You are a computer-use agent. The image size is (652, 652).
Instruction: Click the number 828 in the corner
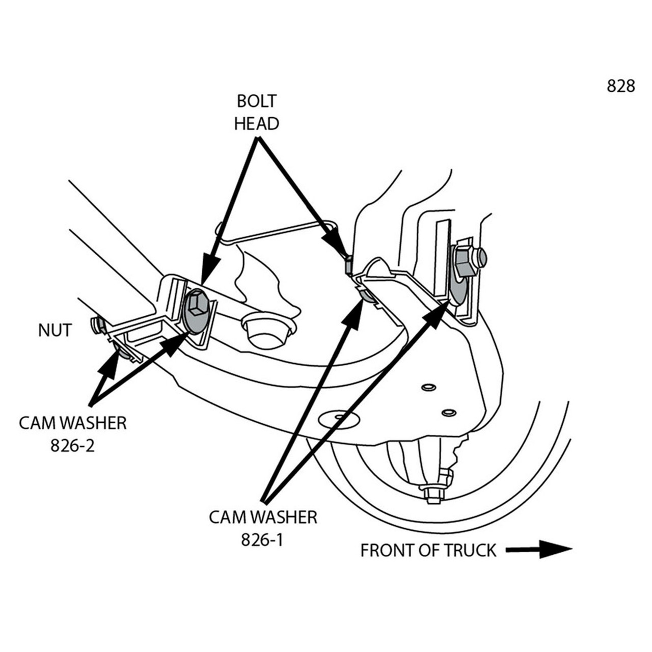click(x=621, y=86)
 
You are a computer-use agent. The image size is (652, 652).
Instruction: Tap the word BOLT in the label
click(x=257, y=101)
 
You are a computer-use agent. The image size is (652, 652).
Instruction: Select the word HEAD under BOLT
click(x=257, y=123)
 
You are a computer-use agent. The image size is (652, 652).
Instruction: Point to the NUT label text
click(x=55, y=330)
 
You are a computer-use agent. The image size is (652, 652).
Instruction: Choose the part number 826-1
click(x=262, y=540)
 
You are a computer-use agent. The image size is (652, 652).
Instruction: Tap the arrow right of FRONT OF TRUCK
click(x=539, y=550)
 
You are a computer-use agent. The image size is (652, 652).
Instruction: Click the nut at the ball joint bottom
click(x=434, y=493)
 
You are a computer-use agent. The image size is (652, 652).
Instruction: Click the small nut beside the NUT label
click(x=99, y=324)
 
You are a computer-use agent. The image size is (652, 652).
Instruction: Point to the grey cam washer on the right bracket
click(x=458, y=289)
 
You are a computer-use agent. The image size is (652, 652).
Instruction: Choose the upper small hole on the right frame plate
click(x=428, y=388)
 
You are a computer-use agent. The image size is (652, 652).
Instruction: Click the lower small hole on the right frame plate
click(x=448, y=411)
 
